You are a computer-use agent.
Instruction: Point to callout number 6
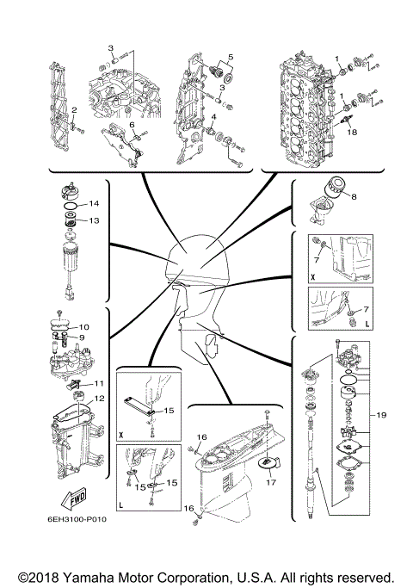click(x=133, y=126)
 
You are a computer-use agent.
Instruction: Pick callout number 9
click(x=83, y=337)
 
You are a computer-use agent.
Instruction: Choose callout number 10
click(x=83, y=327)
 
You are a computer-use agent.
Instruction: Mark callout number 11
click(x=99, y=383)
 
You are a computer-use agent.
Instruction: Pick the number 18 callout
click(x=351, y=132)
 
